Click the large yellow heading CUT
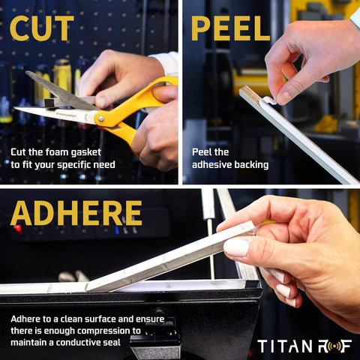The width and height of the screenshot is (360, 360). [42, 28]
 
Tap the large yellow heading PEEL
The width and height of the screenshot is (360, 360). [230, 28]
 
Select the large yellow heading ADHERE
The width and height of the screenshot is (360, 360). [76, 213]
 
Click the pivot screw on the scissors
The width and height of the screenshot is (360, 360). [101, 118]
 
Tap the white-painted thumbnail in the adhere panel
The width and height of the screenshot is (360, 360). [236, 247]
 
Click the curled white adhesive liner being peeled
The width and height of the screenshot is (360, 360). [267, 101]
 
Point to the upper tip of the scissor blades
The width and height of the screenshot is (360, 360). [26, 72]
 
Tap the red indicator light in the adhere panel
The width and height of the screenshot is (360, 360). [18, 229]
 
